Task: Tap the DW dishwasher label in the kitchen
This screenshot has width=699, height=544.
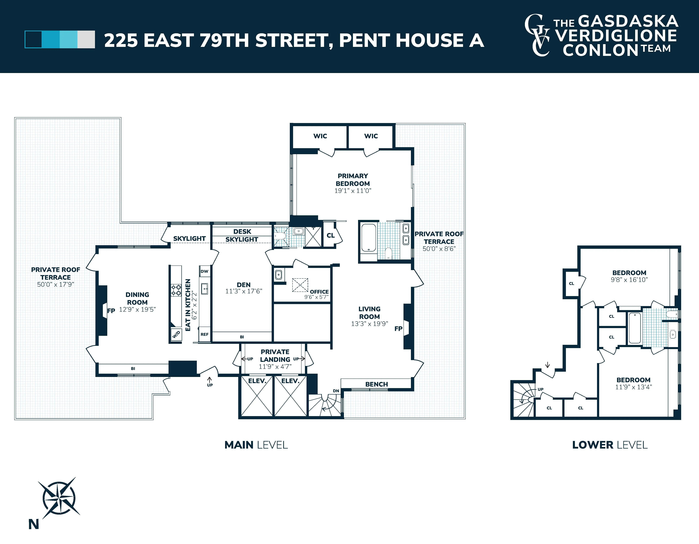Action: (204, 271)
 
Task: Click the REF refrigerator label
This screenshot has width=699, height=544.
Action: (204, 334)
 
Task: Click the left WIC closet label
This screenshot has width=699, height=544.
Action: (320, 136)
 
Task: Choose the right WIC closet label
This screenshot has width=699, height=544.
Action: (371, 136)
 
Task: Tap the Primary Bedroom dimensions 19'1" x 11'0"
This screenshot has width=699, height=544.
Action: (353, 191)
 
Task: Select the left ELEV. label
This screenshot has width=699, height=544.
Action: (257, 381)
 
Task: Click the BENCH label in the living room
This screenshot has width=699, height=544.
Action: (376, 384)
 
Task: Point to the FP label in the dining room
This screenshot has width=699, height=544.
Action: (111, 311)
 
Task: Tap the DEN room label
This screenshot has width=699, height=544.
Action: (244, 285)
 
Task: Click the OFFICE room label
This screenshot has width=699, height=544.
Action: (319, 292)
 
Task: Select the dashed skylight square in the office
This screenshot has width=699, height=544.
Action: (300, 285)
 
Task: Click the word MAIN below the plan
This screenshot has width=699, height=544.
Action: (239, 445)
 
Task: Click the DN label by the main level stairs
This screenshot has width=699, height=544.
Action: (336, 391)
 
